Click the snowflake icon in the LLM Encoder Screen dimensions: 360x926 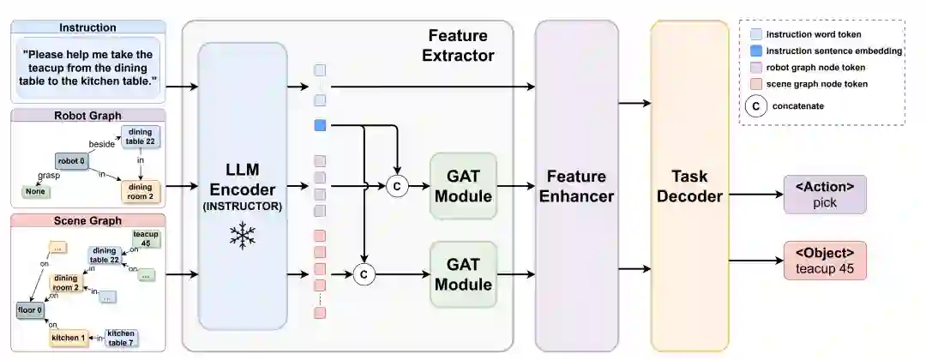243,235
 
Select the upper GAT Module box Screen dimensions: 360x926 463,184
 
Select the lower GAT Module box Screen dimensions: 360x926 463,273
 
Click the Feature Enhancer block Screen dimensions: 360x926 575,185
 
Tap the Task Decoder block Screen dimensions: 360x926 688,185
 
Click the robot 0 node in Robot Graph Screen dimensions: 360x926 72,160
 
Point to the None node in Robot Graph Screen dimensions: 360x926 34,191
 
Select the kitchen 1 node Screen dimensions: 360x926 69,338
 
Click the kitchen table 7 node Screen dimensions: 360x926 120,338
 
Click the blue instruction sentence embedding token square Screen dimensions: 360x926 320,126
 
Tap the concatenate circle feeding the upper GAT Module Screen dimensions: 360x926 396,185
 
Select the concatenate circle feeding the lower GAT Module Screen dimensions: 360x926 364,274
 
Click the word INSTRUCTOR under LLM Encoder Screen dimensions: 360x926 243,206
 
